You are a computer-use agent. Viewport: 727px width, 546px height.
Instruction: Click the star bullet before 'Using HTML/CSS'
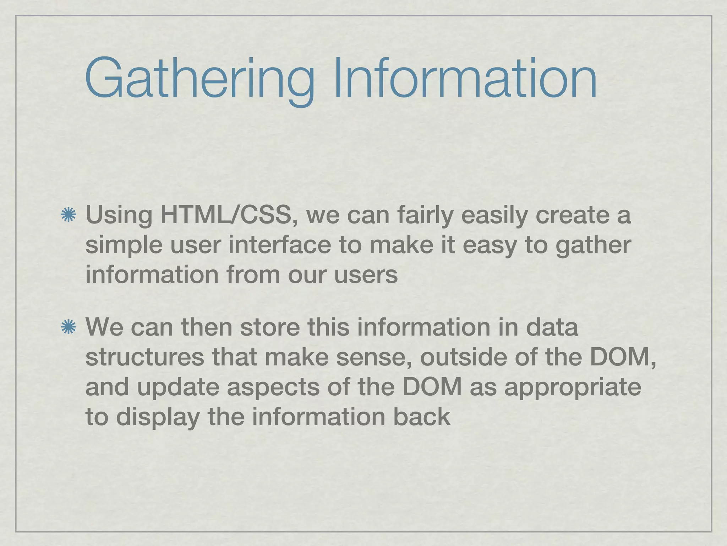click(69, 216)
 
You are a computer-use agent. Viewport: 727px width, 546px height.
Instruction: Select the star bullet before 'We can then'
click(69, 327)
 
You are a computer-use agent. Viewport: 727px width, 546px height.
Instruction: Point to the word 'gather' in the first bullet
click(593, 246)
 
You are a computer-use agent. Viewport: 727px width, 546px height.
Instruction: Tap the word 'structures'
click(145, 357)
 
